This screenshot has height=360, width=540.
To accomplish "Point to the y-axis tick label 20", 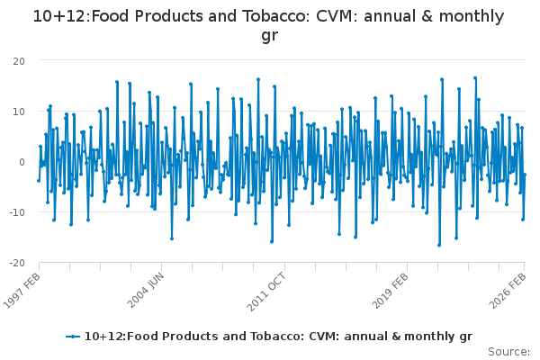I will [18, 61].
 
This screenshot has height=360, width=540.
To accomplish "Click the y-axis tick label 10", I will [18, 112].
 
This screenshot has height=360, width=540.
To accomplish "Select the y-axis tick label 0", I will [21, 162].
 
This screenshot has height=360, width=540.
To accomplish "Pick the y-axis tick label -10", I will [16, 212].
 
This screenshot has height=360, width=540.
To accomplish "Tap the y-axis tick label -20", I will [16, 263].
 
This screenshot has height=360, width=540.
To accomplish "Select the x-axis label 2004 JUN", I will [147, 288].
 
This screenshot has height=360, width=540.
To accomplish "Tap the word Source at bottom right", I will [509, 351].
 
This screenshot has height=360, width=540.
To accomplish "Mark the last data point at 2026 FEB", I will [525, 175].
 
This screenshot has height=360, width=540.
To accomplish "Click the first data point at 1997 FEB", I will [38, 180].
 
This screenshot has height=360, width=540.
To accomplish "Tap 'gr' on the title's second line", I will [269, 36].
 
